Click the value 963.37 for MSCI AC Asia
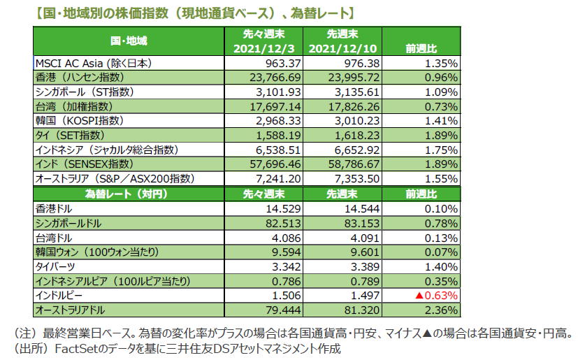coord(280,63)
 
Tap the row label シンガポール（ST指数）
coord(84,92)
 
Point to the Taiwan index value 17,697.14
coord(273,106)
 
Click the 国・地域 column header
coord(129,41)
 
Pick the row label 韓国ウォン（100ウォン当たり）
coord(101,252)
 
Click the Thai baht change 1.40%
coord(442,266)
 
